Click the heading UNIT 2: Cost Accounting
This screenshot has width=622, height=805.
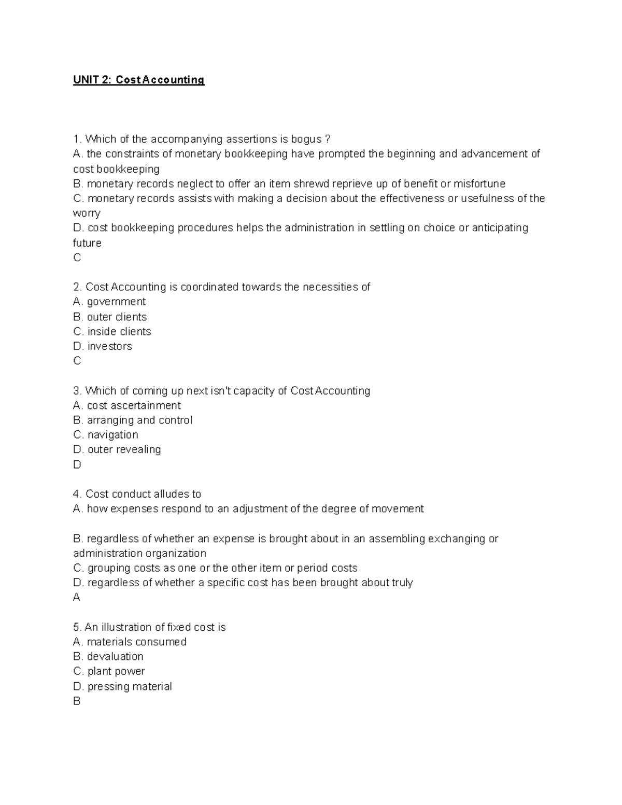pos(138,80)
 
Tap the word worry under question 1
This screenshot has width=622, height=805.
pos(87,214)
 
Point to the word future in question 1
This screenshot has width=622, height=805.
pos(87,243)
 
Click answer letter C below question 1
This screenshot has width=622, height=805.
pos(77,258)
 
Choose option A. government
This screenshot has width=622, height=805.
pos(109,302)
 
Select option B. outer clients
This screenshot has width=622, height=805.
pos(110,317)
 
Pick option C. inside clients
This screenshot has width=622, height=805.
pos(112,331)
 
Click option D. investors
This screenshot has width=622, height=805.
pos(103,346)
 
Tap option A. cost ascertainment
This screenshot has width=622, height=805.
pos(127,405)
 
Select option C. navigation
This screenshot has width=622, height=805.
pos(106,434)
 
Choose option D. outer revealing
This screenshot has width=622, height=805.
pos(117,449)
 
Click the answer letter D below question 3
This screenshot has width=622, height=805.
pos(77,464)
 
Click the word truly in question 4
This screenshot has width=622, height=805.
pos(402,583)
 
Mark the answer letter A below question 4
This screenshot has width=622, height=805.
pos(77,598)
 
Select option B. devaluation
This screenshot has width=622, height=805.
pos(108,656)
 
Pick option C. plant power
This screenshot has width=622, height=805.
pos(109,671)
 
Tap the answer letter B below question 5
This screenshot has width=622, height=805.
pos(77,701)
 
